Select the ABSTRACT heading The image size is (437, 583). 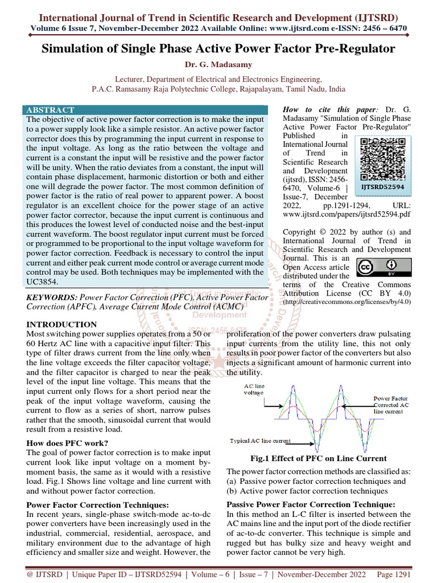coord(50,110)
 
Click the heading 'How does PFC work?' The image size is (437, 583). coord(68,443)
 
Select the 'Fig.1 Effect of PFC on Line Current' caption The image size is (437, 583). coord(319,458)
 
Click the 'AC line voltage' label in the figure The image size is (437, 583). coord(254,389)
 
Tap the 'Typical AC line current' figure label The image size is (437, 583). coord(261,441)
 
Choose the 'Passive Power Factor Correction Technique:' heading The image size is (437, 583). coord(311,504)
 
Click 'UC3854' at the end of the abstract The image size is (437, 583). coord(43,281)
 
